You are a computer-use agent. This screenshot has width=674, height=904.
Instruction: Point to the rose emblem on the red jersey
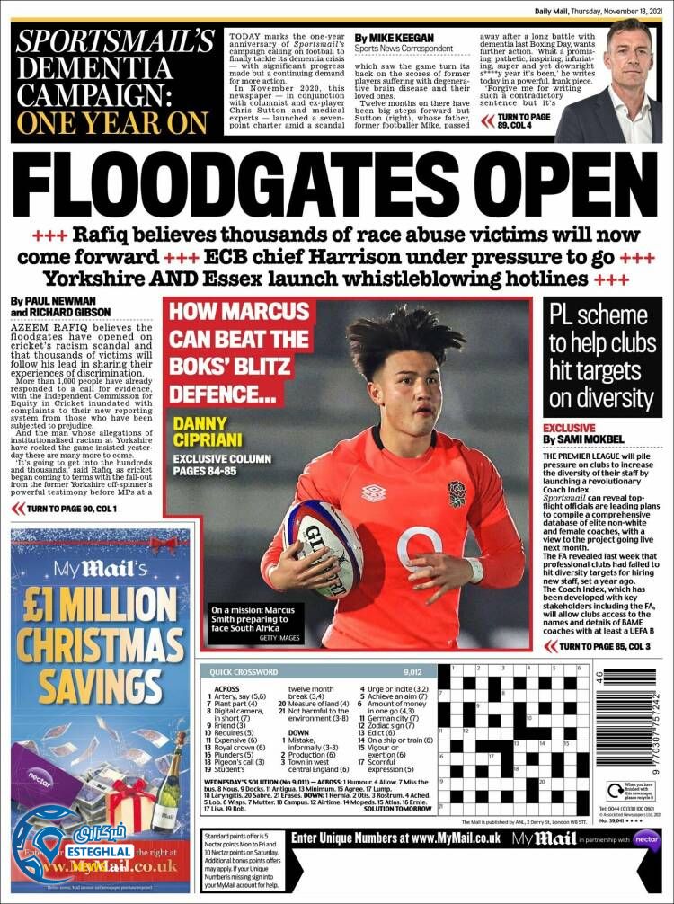[x=457, y=494]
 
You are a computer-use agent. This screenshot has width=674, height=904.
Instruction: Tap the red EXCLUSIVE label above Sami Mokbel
[x=569, y=429]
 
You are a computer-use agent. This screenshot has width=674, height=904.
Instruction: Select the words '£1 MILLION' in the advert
[x=102, y=599]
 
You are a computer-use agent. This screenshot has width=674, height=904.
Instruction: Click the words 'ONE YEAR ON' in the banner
[x=113, y=120]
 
